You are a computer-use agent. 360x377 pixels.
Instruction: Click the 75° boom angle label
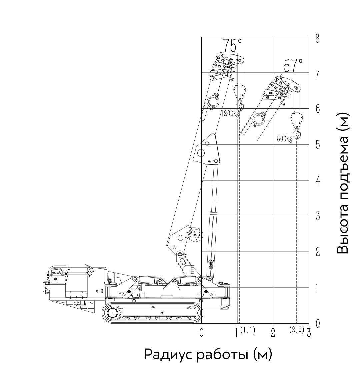(x=232, y=45)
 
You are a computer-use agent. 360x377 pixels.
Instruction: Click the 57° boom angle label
(x=293, y=66)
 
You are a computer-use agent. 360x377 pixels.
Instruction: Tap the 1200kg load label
(x=230, y=114)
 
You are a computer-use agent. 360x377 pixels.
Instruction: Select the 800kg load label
(x=284, y=139)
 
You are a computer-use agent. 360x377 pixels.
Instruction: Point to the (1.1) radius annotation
(x=248, y=330)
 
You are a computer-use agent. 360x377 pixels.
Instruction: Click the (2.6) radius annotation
(x=297, y=330)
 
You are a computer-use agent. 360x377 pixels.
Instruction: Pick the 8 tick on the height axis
(x=317, y=39)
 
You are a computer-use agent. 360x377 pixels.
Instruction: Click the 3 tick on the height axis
(x=318, y=216)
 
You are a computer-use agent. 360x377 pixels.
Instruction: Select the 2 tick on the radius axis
(x=273, y=333)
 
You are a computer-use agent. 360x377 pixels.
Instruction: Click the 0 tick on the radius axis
(x=202, y=333)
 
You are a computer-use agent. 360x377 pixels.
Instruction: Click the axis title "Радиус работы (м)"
(x=208, y=354)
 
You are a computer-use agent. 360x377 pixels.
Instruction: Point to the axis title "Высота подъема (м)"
(x=343, y=183)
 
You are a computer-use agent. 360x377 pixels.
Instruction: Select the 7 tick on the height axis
(x=317, y=74)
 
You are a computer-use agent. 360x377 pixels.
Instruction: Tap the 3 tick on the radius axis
(x=309, y=333)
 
